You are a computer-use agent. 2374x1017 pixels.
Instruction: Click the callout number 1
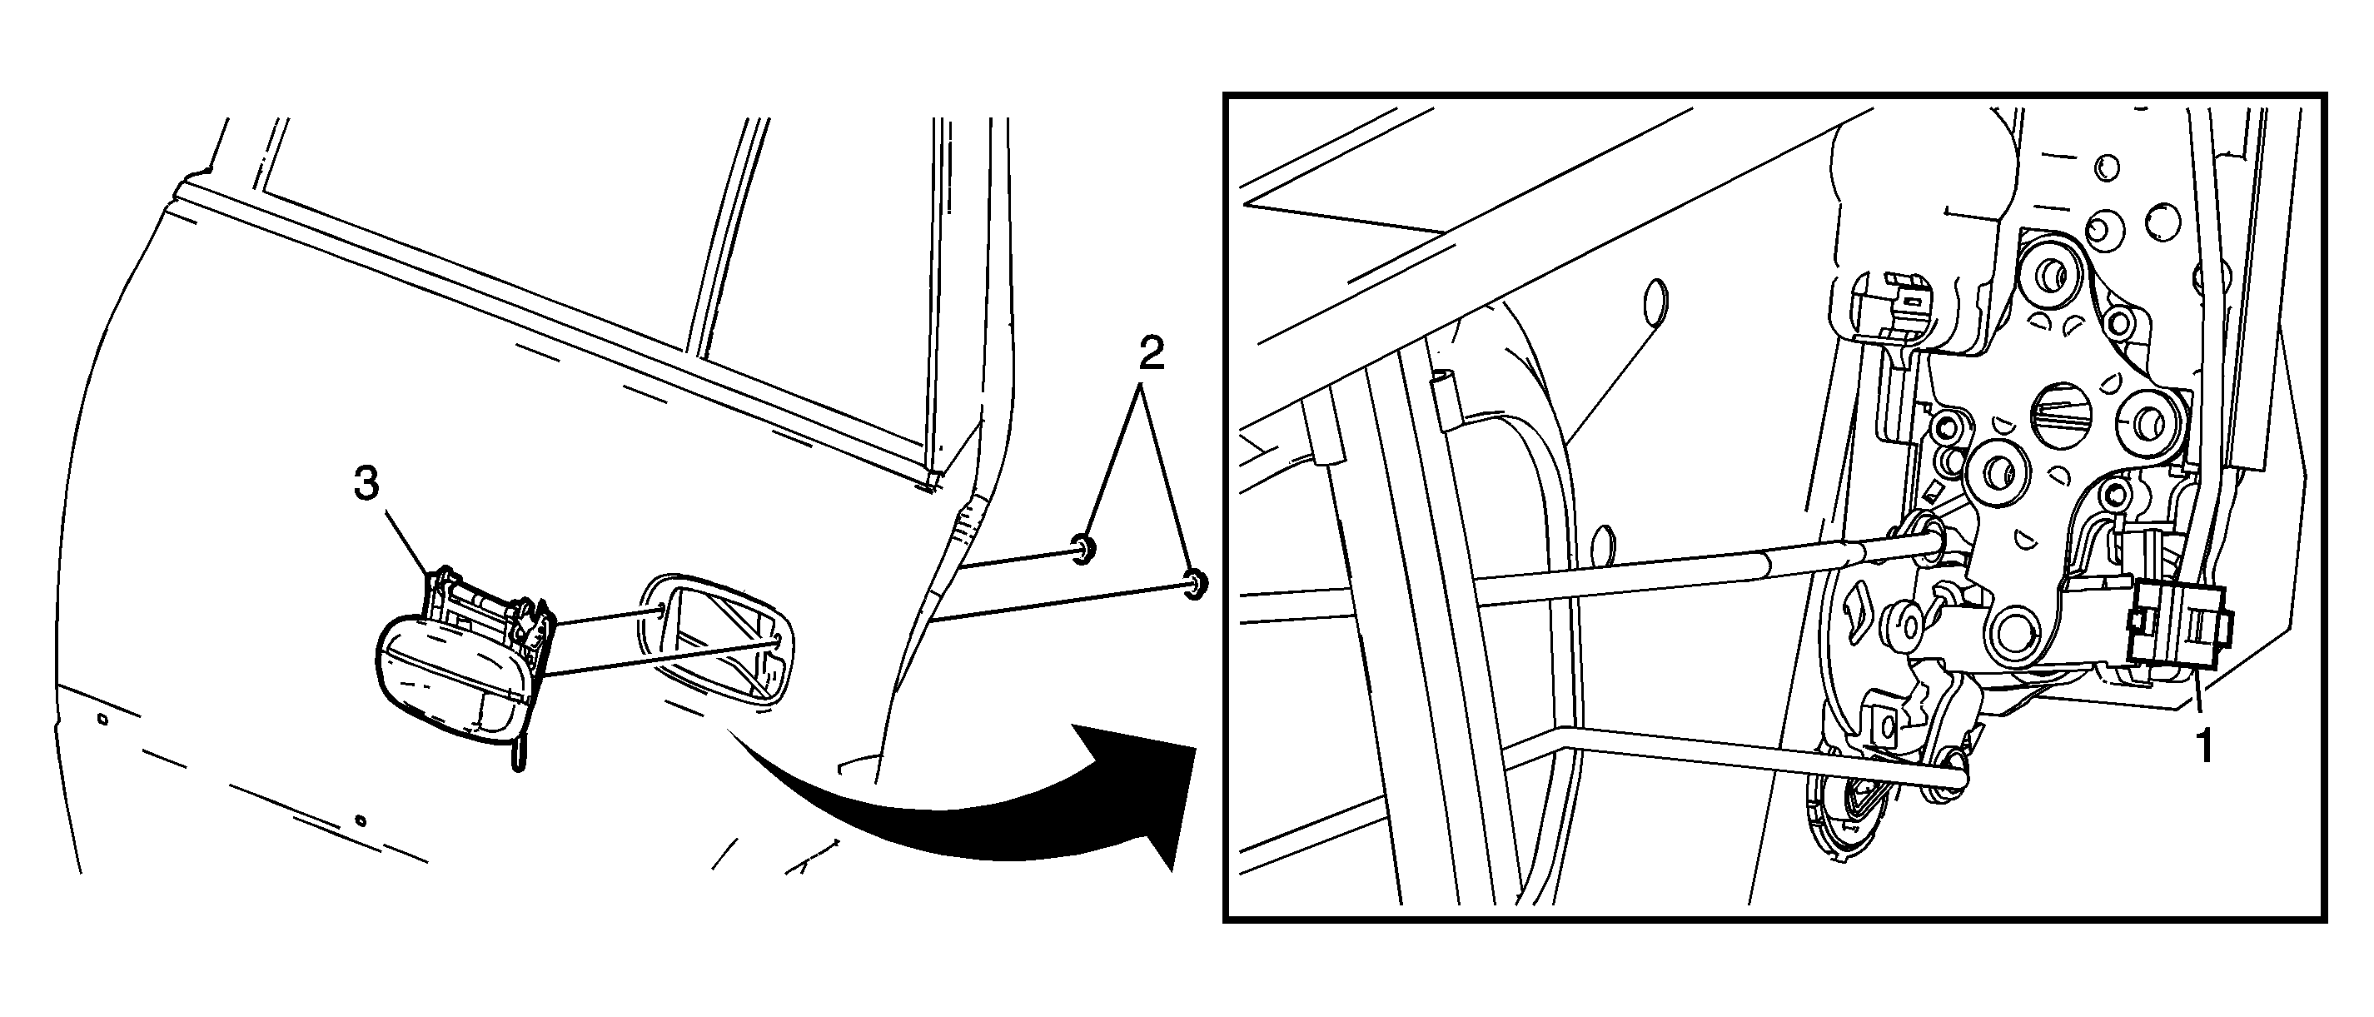click(2204, 747)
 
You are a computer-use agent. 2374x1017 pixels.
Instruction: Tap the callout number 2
click(1150, 353)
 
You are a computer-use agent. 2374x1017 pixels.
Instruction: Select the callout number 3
click(366, 483)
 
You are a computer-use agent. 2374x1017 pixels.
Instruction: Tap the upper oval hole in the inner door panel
click(1656, 303)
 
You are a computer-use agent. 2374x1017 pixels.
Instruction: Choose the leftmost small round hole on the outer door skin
click(103, 718)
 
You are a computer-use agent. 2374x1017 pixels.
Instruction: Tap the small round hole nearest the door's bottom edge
click(361, 820)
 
